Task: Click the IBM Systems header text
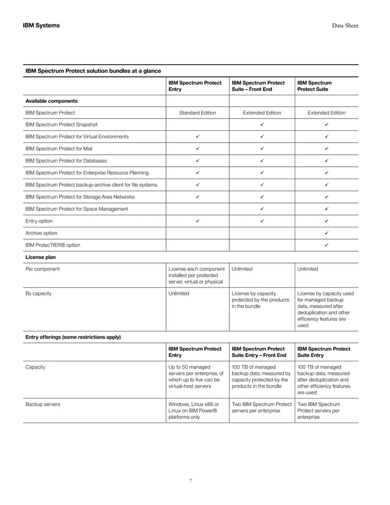[41, 25]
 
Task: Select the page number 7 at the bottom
[191, 481]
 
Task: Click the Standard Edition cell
[197, 112]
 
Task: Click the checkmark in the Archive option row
[326, 233]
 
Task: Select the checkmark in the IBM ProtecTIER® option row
[326, 245]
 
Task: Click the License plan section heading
[40, 257]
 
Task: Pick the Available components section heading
[51, 100]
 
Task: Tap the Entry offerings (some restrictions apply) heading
[73, 337]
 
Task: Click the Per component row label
[42, 269]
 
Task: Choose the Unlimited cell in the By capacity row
[178, 293]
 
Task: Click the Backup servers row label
[42, 405]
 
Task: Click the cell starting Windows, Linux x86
[194, 411]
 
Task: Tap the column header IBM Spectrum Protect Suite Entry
[323, 352]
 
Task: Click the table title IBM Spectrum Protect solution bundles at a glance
[92, 71]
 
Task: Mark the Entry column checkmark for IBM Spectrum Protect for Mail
[197, 149]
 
